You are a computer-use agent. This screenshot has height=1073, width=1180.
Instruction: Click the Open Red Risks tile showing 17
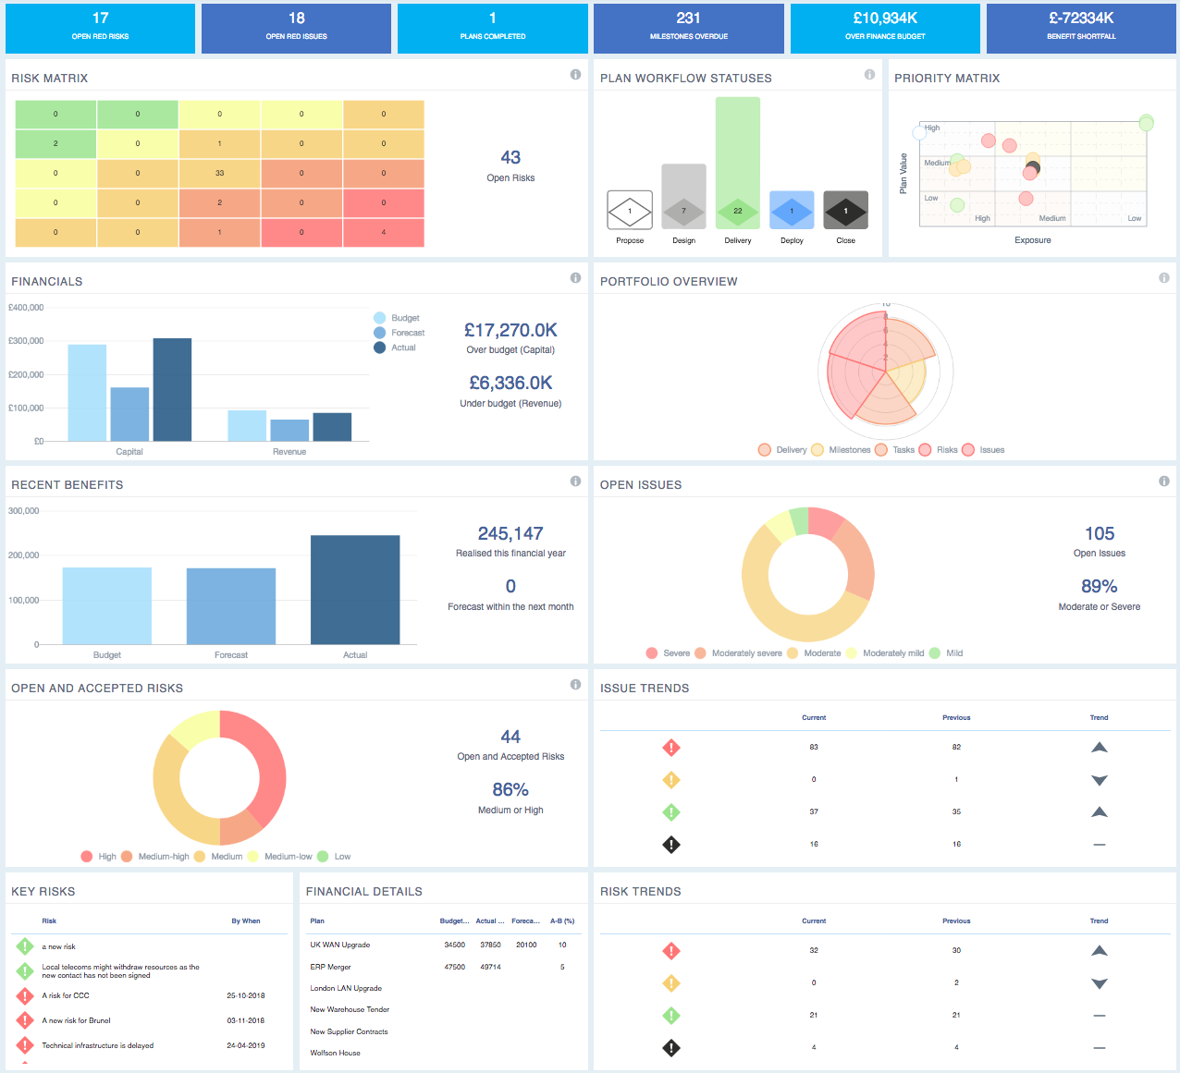coord(100,28)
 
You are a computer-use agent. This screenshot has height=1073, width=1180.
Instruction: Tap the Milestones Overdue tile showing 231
coord(688,28)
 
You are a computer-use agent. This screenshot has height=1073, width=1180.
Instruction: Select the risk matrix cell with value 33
coord(219,173)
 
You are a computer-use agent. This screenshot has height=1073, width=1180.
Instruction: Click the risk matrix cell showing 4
coord(383,232)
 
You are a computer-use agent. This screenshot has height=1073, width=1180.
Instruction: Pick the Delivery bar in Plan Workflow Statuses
coord(737,163)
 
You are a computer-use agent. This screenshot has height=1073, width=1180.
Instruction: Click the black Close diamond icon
coord(845,211)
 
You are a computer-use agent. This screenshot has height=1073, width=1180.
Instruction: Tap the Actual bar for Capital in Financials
coord(172,389)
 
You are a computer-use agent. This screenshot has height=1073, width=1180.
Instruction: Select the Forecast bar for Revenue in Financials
coord(289,430)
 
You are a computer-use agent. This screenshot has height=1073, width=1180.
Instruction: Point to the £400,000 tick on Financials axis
coord(26,308)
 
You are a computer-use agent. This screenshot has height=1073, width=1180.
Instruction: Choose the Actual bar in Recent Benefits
coord(355,590)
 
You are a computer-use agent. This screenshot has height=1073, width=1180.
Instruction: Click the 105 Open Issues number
coord(1100,533)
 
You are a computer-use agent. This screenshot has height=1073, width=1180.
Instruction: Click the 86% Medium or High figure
coord(510,789)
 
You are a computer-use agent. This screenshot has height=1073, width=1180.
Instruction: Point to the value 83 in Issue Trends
coord(814,747)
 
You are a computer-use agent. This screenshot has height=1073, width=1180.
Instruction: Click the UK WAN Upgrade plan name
coord(340,945)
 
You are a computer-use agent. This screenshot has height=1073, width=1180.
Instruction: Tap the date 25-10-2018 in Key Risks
coord(246,995)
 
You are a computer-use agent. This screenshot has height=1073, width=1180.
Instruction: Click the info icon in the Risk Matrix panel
coord(575,75)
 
